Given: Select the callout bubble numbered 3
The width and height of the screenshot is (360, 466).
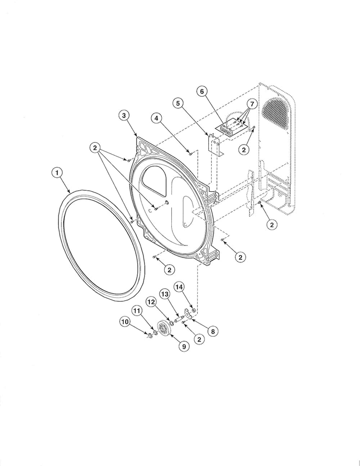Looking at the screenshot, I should click(x=124, y=115).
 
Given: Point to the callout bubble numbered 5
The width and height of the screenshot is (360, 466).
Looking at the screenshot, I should click(x=179, y=103).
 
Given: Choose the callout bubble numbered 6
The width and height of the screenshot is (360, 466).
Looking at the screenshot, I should click(x=202, y=91).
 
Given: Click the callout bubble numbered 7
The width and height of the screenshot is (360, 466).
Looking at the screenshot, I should click(x=252, y=104).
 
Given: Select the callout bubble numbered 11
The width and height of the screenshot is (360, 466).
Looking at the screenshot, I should click(x=137, y=311).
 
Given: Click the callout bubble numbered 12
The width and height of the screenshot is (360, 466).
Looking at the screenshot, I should click(x=151, y=302).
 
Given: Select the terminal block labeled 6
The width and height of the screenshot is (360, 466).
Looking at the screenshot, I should click(x=228, y=127).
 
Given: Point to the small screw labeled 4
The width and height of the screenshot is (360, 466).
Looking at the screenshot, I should click(x=191, y=153).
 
